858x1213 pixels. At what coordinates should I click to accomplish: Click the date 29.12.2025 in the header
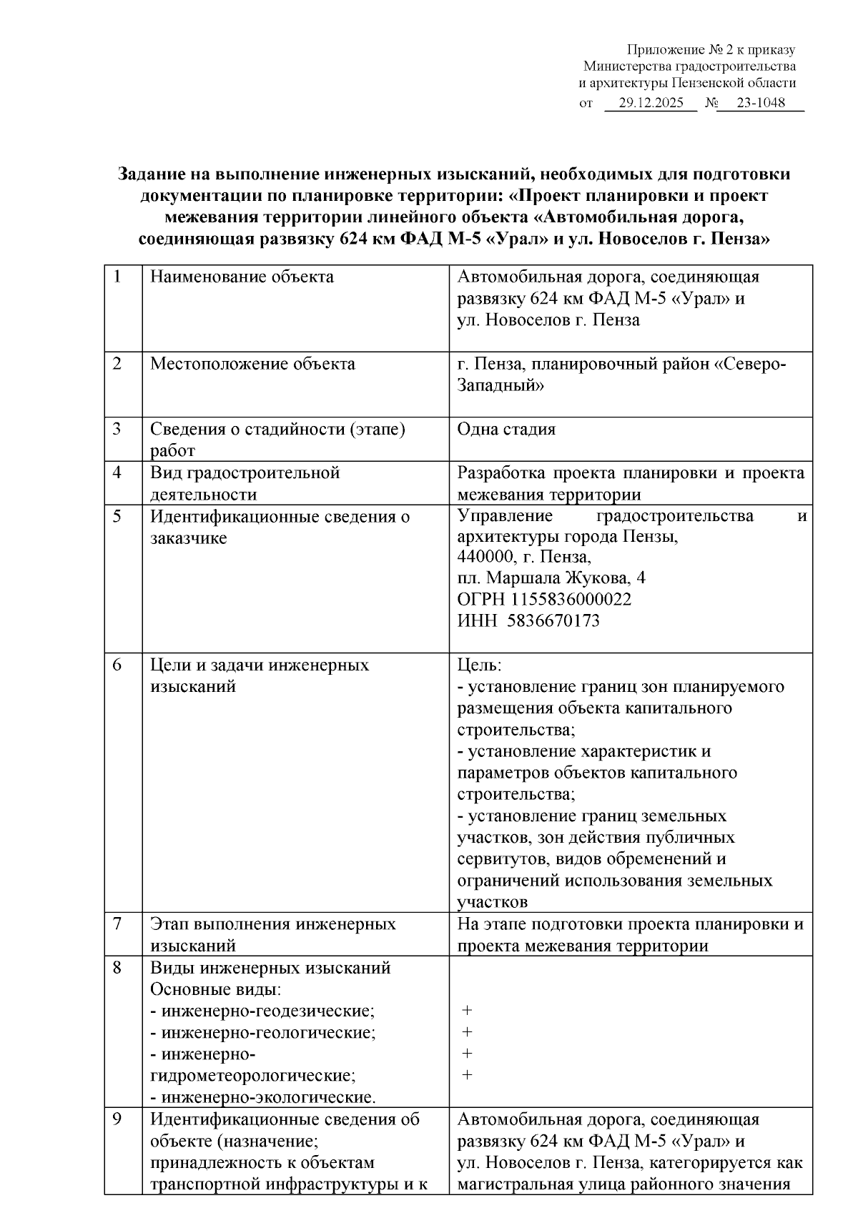pyautogui.click(x=651, y=103)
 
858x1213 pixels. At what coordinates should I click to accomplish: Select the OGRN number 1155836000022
pyautogui.click(x=544, y=599)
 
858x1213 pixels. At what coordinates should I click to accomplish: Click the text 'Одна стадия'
pyautogui.click(x=506, y=430)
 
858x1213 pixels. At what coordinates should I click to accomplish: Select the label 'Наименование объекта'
pyautogui.click(x=242, y=277)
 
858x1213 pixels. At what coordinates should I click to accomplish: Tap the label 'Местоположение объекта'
pyautogui.click(x=252, y=364)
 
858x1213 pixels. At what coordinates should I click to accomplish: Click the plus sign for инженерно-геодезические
pyautogui.click(x=467, y=1011)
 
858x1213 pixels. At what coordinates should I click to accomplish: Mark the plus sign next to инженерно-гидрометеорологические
pyautogui.click(x=467, y=1054)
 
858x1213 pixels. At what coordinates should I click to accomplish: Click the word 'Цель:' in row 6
pyautogui.click(x=480, y=665)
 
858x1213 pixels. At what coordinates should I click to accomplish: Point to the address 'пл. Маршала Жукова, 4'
pyautogui.click(x=551, y=578)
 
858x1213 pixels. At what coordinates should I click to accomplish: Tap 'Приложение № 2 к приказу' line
pyautogui.click(x=711, y=50)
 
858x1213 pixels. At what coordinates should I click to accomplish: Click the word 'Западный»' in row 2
pyautogui.click(x=500, y=385)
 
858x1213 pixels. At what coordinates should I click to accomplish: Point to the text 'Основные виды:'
pyautogui.click(x=215, y=990)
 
